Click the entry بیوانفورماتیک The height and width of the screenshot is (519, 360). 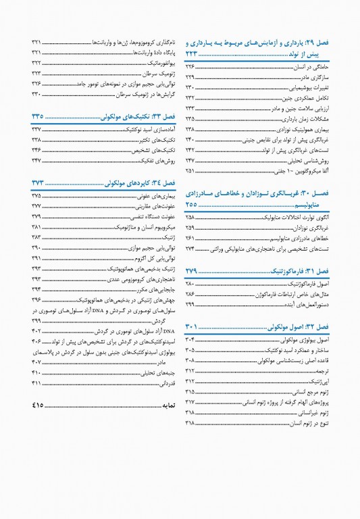point(157,62)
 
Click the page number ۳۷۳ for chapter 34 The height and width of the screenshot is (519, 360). point(38,183)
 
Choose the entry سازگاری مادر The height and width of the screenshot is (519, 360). point(313,77)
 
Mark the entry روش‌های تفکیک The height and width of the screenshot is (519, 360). point(161,160)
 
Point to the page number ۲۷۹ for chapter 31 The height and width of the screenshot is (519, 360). point(194,270)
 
